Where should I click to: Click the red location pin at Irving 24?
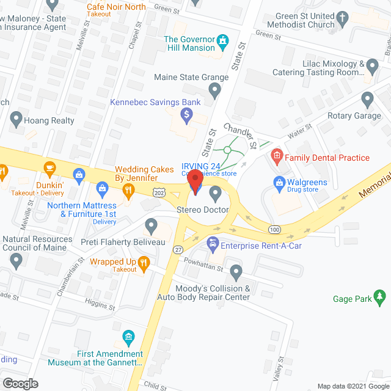pyautogui.click(x=195, y=182)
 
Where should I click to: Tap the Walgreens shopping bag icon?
pyautogui.click(x=279, y=182)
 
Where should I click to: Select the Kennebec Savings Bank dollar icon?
pyautogui.click(x=188, y=114)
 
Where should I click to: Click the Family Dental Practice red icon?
pyautogui.click(x=277, y=157)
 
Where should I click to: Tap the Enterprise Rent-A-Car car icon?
pyautogui.click(x=213, y=246)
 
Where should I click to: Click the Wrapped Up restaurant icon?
pyautogui.click(x=144, y=264)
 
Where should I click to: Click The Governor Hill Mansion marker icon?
pyautogui.click(x=224, y=42)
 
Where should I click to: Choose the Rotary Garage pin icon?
pyautogui.click(x=367, y=99)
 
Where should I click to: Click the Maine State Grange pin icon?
pyautogui.click(x=214, y=92)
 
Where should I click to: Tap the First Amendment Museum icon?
pyautogui.click(x=128, y=337)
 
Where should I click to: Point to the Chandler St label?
pyautogui.click(x=239, y=136)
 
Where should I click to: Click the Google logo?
pyautogui.click(x=20, y=383)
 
